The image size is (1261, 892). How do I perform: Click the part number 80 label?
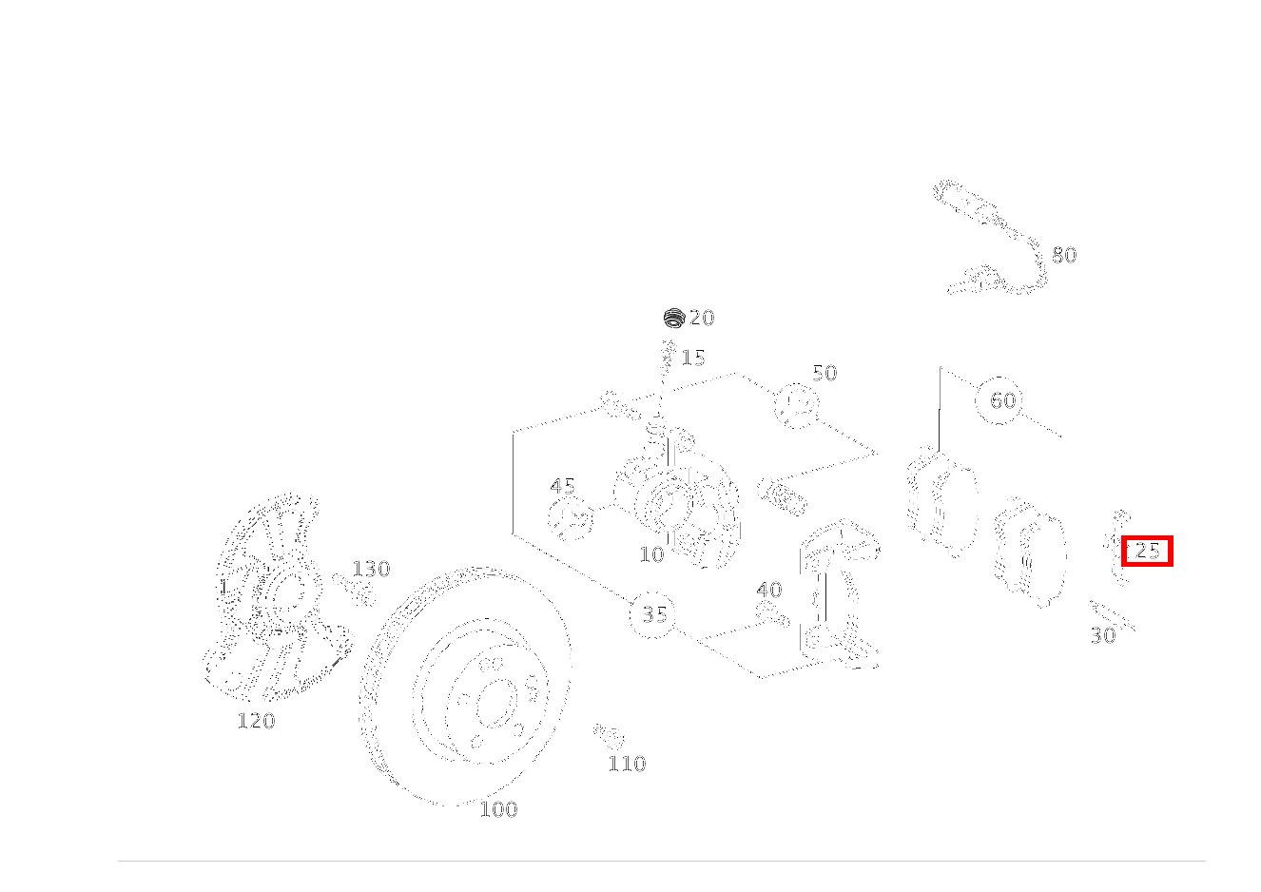pos(1064,255)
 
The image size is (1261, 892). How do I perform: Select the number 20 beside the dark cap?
pos(702,318)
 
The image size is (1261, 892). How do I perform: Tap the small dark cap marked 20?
pos(673,318)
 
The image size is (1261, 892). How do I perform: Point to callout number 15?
pos(693,358)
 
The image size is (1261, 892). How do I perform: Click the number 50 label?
pos(824,373)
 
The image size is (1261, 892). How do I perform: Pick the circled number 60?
pos(1002,400)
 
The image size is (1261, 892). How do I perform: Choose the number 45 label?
pos(562,486)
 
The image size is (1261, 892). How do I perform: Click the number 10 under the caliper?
pos(651,555)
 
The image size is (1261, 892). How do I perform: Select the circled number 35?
pos(654,614)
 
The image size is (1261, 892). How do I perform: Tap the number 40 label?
pos(769,590)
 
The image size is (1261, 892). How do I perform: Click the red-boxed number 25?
pos(1147,551)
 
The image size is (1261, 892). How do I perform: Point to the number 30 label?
pos(1103,636)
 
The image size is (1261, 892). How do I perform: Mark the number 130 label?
pos(371,569)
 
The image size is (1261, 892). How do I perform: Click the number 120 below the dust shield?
pos(256,721)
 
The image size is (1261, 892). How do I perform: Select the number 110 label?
pos(627,764)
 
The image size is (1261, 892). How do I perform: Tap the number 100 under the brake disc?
pos(498,809)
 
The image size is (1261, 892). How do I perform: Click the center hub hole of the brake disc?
pos(497,704)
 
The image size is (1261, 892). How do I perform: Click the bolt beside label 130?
pos(355,589)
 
